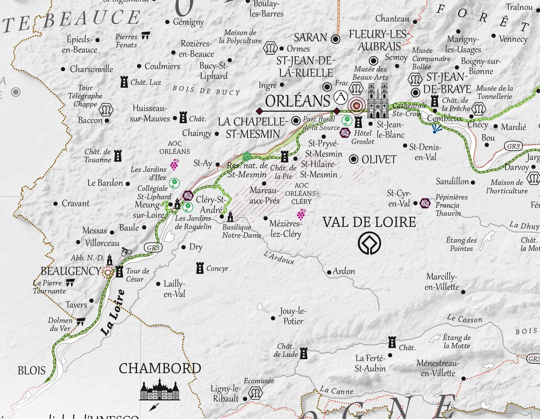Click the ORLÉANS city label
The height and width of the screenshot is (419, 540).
298,100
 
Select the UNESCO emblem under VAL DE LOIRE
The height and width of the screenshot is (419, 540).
369,243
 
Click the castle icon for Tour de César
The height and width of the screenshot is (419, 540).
119,271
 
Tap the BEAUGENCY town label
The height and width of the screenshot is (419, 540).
70,271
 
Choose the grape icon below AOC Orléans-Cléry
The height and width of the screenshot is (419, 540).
301,214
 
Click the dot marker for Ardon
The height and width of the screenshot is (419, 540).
329,272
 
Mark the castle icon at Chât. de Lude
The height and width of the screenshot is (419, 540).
304,353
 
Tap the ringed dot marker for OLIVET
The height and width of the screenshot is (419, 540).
354,159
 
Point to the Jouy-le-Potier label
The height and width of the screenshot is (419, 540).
292,316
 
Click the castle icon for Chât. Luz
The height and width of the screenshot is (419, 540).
124,82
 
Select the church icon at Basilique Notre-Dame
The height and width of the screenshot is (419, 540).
230,216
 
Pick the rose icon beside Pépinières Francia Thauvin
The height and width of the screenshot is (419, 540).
425,203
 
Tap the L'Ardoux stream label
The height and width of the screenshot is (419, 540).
279,257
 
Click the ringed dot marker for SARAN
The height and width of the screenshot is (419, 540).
335,39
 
